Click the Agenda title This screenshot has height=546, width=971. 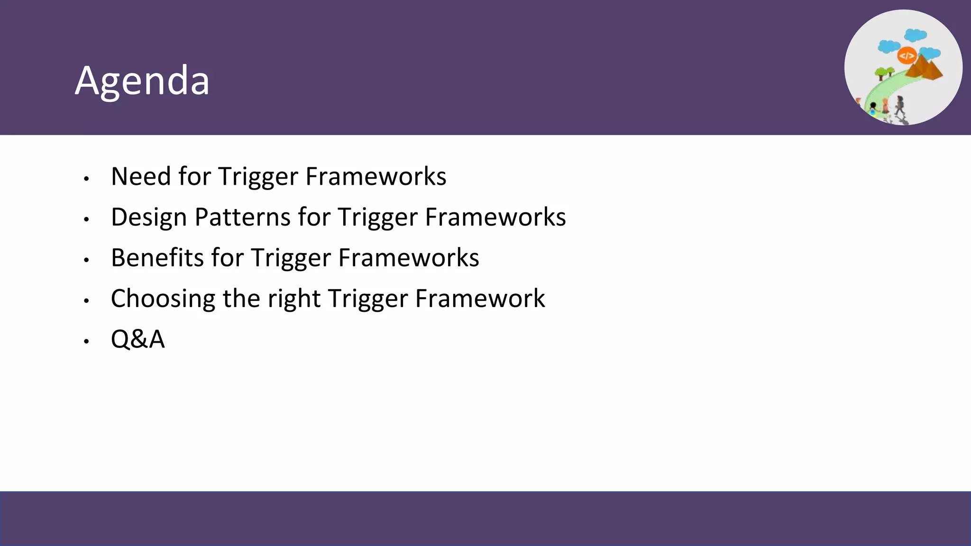[x=142, y=81]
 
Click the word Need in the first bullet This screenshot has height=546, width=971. [x=141, y=176]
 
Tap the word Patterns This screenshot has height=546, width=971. [x=242, y=217]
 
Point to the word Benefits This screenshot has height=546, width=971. [x=157, y=258]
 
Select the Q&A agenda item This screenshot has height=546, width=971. [x=137, y=339]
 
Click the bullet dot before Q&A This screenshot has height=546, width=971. [x=86, y=341]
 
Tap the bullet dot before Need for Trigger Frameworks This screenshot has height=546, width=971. [x=86, y=179]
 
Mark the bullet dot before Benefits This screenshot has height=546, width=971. [x=86, y=260]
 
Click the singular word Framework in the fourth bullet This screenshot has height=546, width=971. [x=480, y=299]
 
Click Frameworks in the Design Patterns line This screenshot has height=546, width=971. [x=495, y=217]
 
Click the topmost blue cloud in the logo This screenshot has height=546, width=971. [x=915, y=35]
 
